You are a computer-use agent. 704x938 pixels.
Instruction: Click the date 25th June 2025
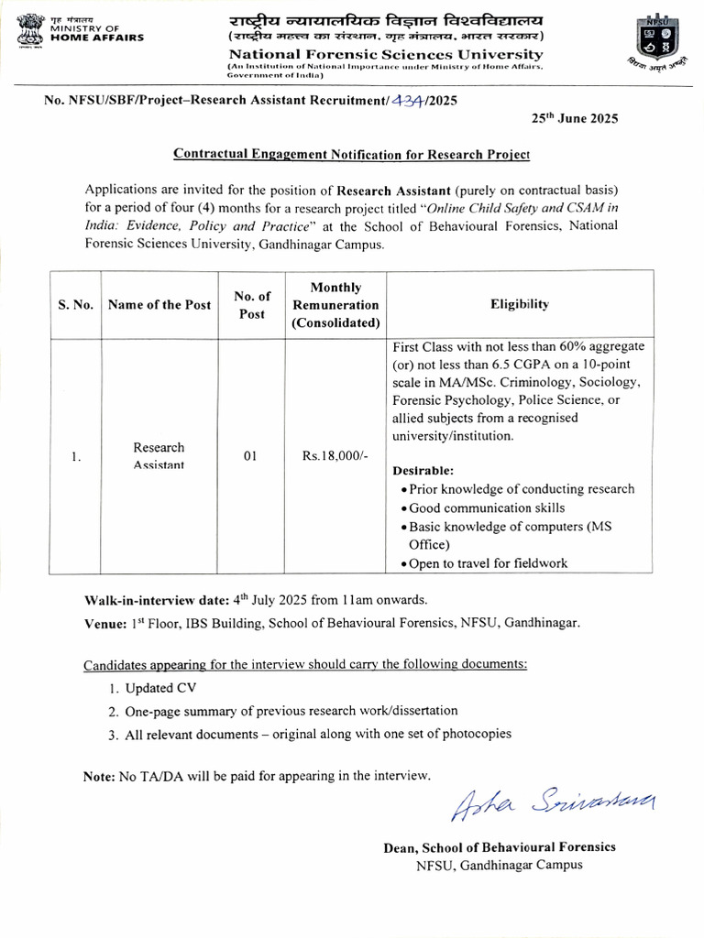575,118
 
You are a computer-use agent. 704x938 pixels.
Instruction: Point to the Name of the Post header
159,304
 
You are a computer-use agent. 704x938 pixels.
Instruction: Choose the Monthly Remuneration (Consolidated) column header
335,305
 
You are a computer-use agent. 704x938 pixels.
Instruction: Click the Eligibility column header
520,304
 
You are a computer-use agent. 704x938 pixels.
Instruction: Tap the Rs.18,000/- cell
335,457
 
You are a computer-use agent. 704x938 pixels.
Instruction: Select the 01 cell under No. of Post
251,457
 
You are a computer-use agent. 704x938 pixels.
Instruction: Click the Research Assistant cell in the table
159,456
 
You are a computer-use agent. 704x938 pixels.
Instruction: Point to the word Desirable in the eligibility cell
423,470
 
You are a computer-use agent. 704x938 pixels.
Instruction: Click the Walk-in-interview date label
156,601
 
